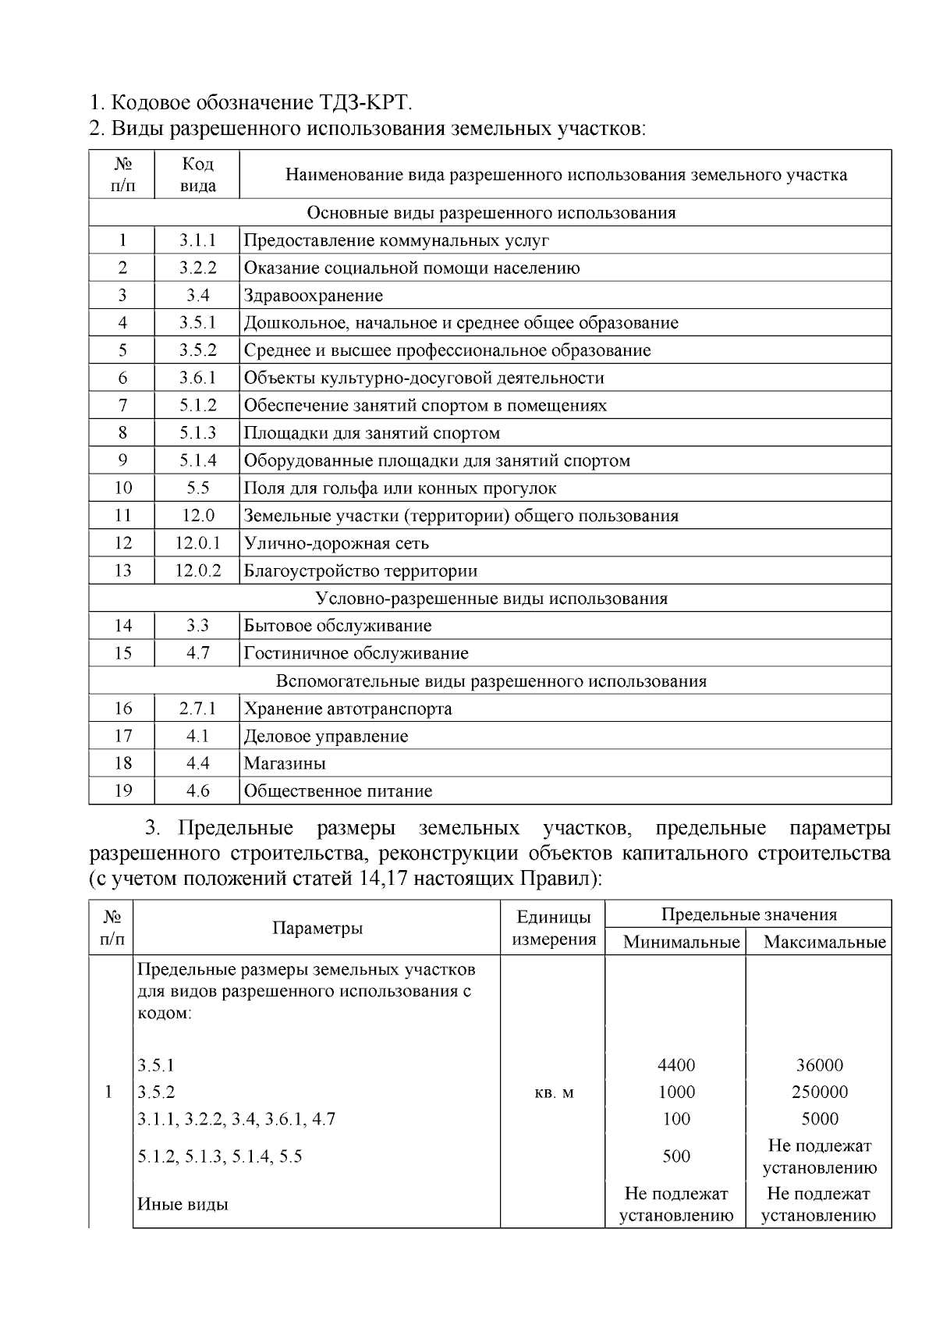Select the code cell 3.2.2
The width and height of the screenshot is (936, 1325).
[x=197, y=268]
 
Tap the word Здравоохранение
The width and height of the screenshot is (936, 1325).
[x=314, y=296]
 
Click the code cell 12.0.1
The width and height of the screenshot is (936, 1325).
[x=197, y=543]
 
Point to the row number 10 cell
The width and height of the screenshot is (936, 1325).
[x=122, y=488]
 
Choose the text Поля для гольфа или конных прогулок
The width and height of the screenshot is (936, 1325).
[x=400, y=488]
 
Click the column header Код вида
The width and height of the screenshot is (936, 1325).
[x=197, y=175]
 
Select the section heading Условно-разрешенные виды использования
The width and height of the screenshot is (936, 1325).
[x=491, y=599]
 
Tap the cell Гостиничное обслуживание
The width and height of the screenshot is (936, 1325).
[x=356, y=654]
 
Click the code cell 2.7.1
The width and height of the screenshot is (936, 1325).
[x=197, y=709]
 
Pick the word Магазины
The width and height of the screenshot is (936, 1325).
[x=285, y=764]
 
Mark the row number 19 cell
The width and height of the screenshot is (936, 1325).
[x=122, y=791]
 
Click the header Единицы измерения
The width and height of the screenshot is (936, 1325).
[x=553, y=928]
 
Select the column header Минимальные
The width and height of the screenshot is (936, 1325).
[x=681, y=943]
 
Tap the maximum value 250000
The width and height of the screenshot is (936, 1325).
[x=819, y=1092]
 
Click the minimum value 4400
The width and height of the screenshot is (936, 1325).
[x=676, y=1066]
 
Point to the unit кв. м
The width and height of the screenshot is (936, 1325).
[x=553, y=1092]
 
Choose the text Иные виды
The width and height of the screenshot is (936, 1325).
[x=183, y=1204]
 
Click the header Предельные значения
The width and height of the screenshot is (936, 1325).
[x=749, y=915]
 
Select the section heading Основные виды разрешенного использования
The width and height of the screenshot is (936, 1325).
[x=491, y=213]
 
